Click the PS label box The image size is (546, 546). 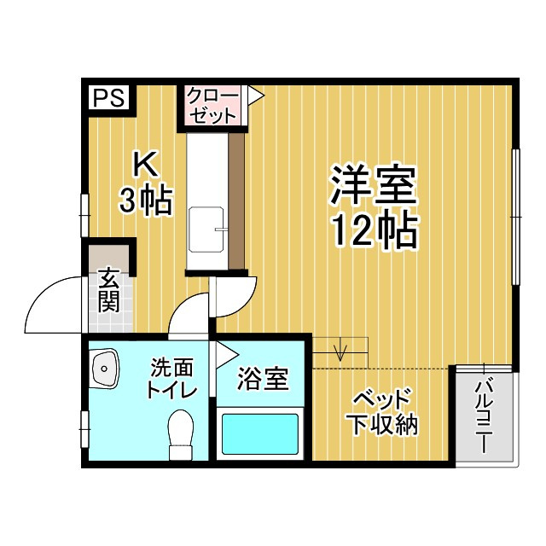click(107, 97)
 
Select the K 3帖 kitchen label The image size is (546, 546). click(146, 182)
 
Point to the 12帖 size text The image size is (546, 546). click(374, 228)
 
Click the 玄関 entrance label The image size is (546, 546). click(108, 290)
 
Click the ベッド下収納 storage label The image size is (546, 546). click(381, 412)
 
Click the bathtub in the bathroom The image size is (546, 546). click(261, 433)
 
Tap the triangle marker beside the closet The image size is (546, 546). click(254, 96)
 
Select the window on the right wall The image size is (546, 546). click(515, 218)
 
